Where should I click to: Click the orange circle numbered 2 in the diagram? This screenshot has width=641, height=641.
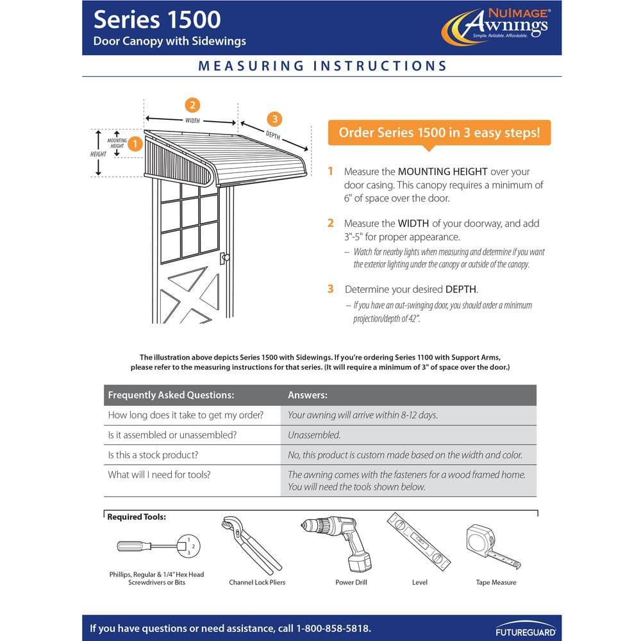point(192,106)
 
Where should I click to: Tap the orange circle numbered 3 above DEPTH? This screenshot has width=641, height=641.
point(274,119)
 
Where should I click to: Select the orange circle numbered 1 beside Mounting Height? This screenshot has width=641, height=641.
point(135,144)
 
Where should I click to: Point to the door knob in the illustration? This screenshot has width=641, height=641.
point(224,258)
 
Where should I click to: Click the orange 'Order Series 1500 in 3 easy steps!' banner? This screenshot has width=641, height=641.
point(439,133)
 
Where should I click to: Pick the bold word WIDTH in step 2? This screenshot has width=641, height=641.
point(414,224)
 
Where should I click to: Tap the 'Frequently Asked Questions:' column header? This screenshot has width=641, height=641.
point(171,395)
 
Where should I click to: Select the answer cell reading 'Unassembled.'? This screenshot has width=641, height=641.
point(314,435)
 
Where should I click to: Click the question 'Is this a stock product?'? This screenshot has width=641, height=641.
point(153,455)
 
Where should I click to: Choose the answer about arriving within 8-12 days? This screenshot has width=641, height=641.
point(363,415)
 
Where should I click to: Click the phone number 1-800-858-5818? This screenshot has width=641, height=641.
point(333,628)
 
